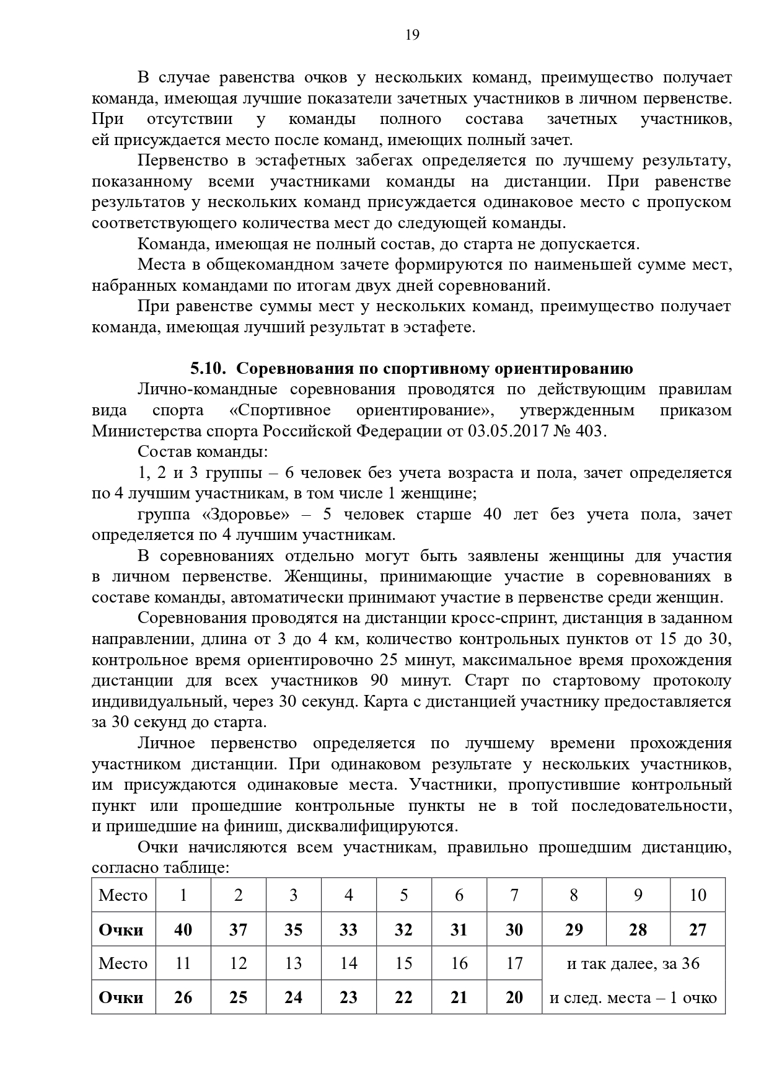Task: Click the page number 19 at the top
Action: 412,35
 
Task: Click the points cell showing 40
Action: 183,930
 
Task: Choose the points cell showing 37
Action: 238,930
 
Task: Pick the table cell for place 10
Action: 698,895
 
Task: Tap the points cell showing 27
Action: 698,930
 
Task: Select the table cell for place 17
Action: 514,963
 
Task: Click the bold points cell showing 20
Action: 514,997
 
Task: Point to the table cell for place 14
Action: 349,963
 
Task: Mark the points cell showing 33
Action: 349,930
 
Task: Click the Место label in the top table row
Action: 123,895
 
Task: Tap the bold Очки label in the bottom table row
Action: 121,997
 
